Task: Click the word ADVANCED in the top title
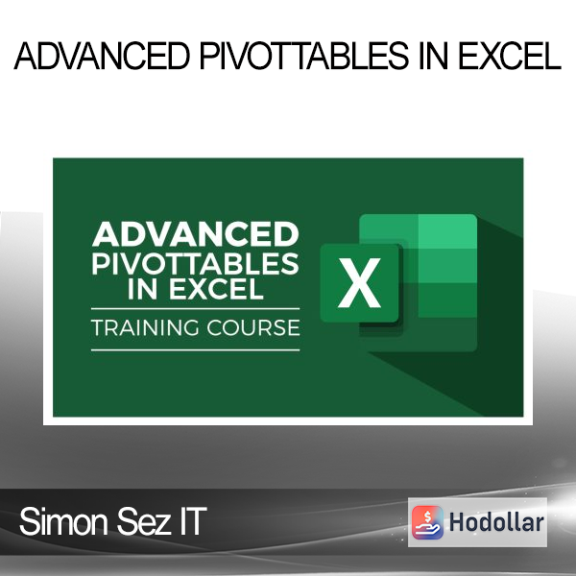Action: [x=102, y=56]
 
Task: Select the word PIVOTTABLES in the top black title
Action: [x=304, y=56]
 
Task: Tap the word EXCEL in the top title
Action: [x=510, y=56]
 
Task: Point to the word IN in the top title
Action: [x=434, y=56]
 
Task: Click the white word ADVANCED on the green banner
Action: [x=196, y=234]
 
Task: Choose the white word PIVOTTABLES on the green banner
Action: [x=195, y=263]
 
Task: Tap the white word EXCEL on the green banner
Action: [x=216, y=289]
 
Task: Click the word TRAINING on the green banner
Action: [x=144, y=327]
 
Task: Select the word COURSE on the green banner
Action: [x=253, y=327]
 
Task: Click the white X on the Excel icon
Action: [x=359, y=282]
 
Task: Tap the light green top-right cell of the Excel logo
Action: [x=447, y=231]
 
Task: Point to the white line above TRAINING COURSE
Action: [x=196, y=309]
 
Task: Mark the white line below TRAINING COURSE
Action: [x=196, y=350]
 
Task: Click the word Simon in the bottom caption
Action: [x=63, y=521]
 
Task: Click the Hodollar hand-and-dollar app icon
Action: [x=427, y=522]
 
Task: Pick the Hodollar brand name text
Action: [x=496, y=522]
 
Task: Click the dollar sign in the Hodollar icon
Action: [x=427, y=516]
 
